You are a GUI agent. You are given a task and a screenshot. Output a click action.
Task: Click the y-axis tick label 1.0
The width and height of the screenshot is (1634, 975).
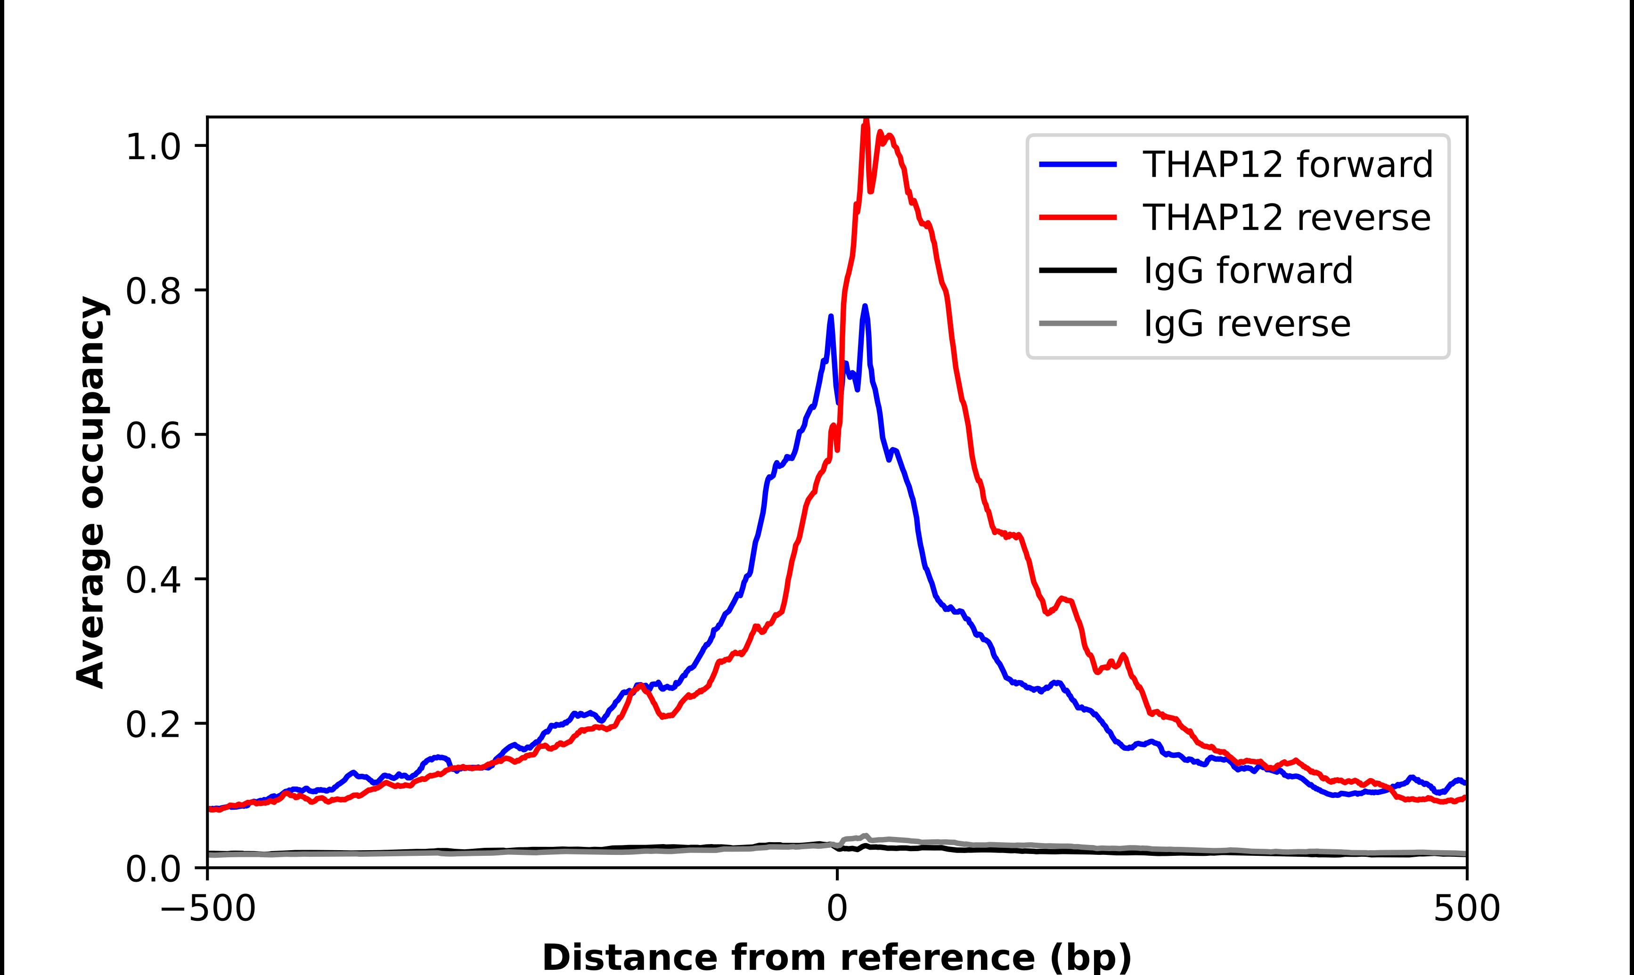click(x=153, y=147)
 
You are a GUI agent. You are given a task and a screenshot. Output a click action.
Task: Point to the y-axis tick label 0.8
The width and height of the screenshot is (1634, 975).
click(x=153, y=292)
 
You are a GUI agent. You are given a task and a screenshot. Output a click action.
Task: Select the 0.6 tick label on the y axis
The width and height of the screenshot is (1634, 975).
click(x=153, y=436)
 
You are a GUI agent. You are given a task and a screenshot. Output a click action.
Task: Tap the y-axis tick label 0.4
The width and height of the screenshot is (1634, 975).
click(x=153, y=581)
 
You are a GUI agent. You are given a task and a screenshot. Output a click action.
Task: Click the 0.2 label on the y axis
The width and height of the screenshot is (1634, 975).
click(x=153, y=725)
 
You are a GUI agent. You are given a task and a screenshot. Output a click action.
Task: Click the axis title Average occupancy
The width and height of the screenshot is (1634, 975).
click(x=90, y=492)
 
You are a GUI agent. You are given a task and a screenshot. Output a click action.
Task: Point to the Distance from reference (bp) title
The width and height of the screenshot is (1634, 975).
click(x=836, y=957)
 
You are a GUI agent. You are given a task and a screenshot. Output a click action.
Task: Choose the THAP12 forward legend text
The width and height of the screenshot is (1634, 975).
click(x=1288, y=164)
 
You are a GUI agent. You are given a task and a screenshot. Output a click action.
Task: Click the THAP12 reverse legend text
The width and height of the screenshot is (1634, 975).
click(x=1286, y=218)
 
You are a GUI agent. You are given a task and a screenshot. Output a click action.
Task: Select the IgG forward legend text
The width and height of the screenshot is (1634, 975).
click(x=1248, y=271)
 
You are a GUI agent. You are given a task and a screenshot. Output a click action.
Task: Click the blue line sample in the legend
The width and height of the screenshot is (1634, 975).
click(x=1078, y=164)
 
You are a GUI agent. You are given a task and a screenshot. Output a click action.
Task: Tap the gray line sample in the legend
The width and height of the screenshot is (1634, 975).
click(x=1078, y=323)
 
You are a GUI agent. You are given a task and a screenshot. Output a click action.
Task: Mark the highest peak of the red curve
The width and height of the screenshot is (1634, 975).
click(x=866, y=120)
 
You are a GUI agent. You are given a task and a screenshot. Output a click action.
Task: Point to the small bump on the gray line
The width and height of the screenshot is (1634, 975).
click(x=865, y=837)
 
